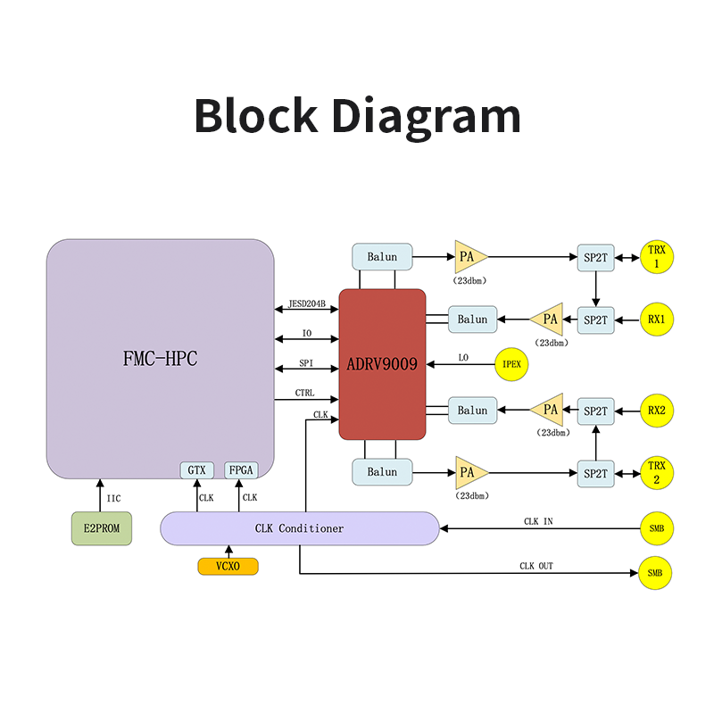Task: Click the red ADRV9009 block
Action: click(x=382, y=364)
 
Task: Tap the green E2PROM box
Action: click(x=102, y=528)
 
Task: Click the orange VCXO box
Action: click(x=228, y=566)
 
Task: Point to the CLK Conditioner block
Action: click(x=299, y=528)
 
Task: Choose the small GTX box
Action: click(x=197, y=469)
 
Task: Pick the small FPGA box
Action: click(x=240, y=469)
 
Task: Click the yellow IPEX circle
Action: click(x=512, y=364)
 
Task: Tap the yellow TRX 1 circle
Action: click(x=657, y=257)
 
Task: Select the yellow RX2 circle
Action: click(x=657, y=411)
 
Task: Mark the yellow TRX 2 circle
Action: click(x=657, y=473)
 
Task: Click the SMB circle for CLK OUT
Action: click(x=655, y=572)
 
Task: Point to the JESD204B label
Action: click(x=306, y=303)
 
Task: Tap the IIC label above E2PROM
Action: click(x=113, y=498)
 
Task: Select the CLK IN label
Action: click(x=538, y=521)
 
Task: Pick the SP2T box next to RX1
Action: click(x=595, y=319)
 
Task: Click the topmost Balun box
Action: click(x=382, y=257)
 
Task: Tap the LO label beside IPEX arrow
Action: click(x=463, y=358)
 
